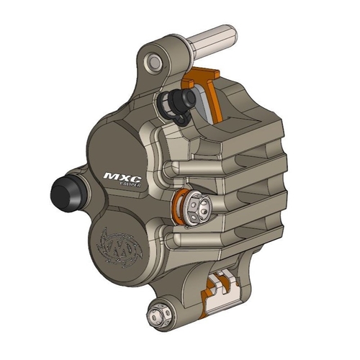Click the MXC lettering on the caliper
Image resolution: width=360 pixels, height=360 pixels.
coord(120,176)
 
